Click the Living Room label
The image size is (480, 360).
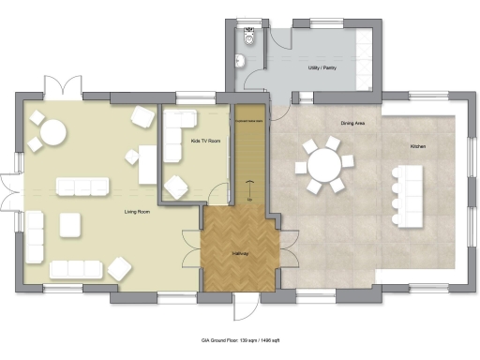point(138,212)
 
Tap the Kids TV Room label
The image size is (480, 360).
point(205,141)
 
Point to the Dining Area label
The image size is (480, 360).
point(352,123)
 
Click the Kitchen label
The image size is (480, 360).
point(418,146)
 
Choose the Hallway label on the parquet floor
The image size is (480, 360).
point(239,254)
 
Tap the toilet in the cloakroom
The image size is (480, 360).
point(249,37)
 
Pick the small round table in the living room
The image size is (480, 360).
point(52,135)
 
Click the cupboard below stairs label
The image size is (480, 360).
point(249,120)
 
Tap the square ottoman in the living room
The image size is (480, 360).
point(71,225)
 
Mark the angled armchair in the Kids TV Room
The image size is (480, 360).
point(175,187)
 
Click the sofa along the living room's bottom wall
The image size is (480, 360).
point(75,269)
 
